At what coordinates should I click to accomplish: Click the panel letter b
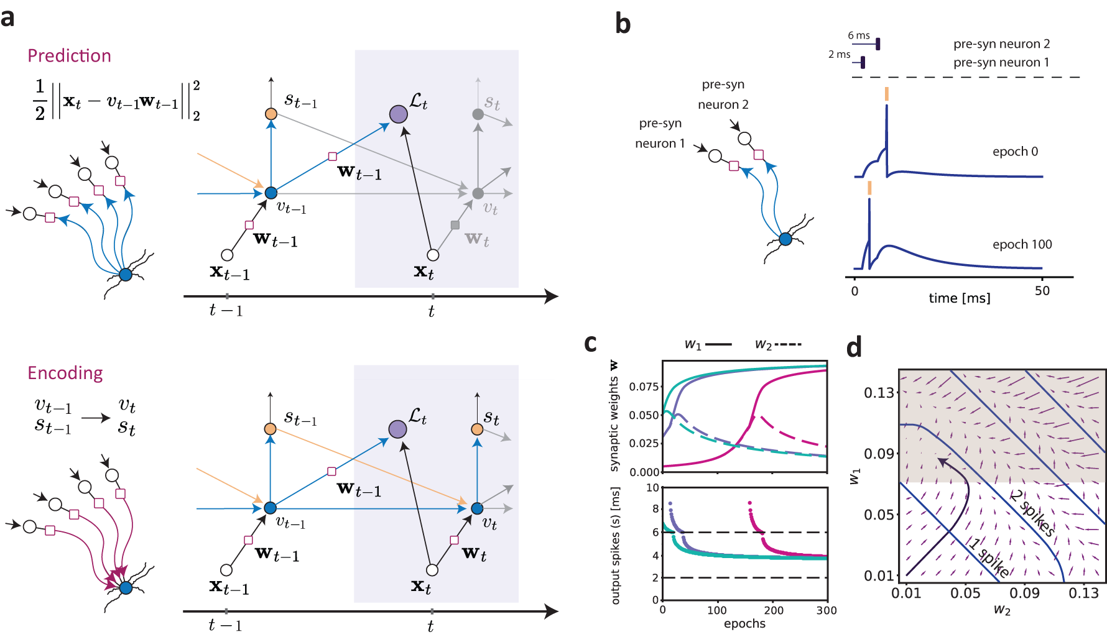623,24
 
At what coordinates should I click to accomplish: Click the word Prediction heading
69,56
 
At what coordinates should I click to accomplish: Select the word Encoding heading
65,373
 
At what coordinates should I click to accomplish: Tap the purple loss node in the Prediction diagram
398,114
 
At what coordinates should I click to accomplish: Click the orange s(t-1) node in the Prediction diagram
271,114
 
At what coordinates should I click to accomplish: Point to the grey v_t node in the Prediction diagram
478,193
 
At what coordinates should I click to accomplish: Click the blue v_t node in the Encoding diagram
477,508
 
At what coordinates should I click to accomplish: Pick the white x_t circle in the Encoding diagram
432,570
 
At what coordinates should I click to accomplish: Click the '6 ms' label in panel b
859,35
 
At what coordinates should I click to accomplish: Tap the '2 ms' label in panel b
839,54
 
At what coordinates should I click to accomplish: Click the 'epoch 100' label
1022,244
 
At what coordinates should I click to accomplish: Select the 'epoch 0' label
1015,152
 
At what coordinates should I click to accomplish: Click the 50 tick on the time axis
1042,291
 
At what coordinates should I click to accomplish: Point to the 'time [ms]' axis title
959,298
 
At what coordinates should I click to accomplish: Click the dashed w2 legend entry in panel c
777,344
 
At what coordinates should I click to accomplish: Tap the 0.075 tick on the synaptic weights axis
644,387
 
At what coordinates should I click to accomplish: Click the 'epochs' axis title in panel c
744,623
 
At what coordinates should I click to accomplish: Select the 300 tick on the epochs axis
826,610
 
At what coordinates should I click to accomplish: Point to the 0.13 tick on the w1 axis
879,393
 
